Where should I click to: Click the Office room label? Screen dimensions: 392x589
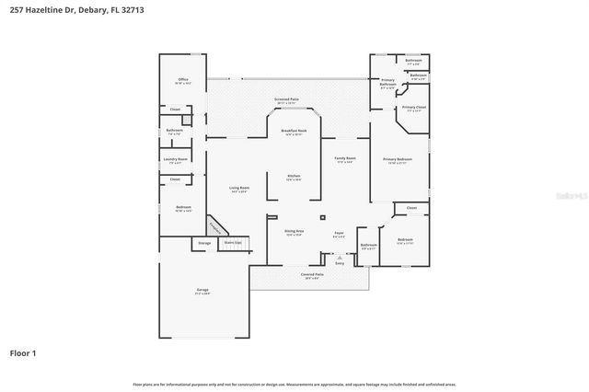182,81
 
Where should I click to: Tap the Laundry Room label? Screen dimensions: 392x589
176,159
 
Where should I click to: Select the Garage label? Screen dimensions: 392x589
202,290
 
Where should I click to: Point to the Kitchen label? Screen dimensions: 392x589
294,176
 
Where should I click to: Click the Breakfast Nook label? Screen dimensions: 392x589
294,132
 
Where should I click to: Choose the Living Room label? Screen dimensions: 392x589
239,189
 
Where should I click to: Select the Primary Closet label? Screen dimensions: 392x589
413,108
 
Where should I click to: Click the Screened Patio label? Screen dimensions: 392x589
287,98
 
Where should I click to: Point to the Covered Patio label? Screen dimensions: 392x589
312,274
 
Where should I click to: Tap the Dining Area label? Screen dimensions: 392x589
294,233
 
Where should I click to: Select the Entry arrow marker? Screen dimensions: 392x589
340,257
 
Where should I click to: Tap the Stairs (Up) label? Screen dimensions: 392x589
233,243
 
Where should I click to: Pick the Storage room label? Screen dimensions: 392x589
203,243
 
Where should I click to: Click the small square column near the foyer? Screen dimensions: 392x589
322,217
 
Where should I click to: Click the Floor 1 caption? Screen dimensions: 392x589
23,352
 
